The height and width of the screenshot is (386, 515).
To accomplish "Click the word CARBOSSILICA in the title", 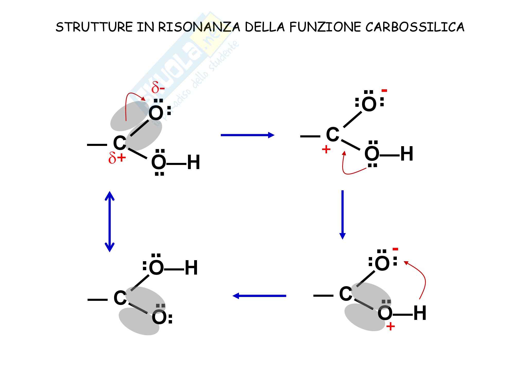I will tap(415, 27).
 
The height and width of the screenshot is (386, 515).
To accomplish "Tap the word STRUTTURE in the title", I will tap(94, 27).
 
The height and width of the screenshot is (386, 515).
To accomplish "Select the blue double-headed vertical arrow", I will tap(110, 221).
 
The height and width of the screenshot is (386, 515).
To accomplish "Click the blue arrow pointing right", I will tap(247, 135).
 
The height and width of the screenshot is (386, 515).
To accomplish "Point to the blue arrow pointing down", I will tap(342, 215).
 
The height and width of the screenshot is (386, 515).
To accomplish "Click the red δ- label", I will tap(158, 88).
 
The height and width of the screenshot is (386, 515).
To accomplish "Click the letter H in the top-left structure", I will tap(193, 163).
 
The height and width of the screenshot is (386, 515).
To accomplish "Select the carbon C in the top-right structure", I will tap(332, 134).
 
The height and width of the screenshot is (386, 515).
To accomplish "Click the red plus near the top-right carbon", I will tap(326, 149).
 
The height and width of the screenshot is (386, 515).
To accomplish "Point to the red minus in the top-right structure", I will tap(384, 91).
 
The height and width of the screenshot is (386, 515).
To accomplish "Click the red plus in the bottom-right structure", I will tap(391, 327).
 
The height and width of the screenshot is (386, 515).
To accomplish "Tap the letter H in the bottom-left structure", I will tap(191, 268).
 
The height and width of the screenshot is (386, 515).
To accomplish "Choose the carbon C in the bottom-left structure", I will tap(120, 298).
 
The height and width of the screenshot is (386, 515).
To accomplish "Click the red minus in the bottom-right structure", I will tap(395, 249).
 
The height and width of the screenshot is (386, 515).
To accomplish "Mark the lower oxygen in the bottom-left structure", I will tap(159, 317).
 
